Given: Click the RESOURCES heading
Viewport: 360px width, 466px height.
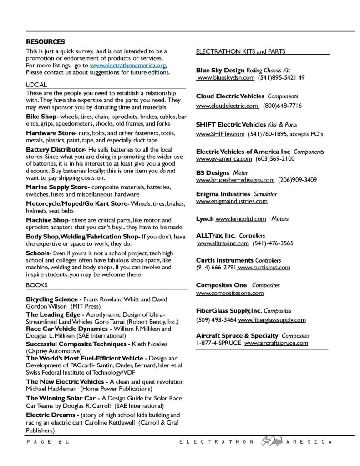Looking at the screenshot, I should [x=46, y=41].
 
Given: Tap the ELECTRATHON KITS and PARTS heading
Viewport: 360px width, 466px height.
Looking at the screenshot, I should [x=240, y=51].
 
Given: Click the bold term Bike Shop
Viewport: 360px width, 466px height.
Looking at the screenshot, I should [x=41, y=116].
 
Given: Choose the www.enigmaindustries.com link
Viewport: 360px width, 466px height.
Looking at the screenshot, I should [x=232, y=201].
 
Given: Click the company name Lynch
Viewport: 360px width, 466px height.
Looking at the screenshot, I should [x=204, y=219].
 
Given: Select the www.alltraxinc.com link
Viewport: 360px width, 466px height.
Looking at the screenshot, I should [x=223, y=243].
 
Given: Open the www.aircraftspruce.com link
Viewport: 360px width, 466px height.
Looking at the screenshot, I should [x=276, y=343].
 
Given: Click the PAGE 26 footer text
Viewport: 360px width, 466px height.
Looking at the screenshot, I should [x=46, y=442].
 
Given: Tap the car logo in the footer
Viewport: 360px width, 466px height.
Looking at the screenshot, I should [x=270, y=441].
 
